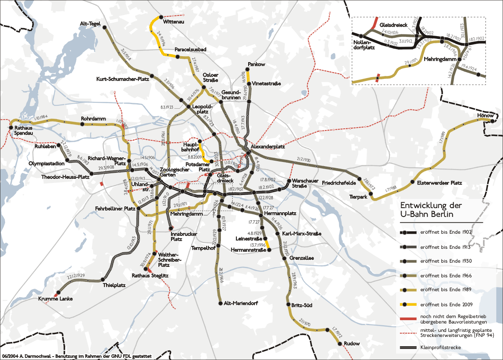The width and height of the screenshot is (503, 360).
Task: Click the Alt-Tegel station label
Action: click(x=89, y=24)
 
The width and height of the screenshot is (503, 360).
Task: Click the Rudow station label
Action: click(x=351, y=344)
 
